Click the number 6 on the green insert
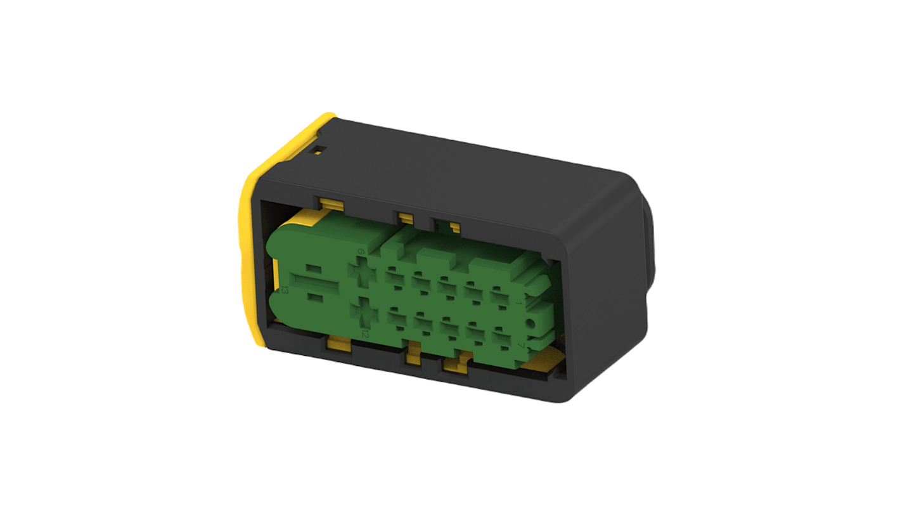(361, 252)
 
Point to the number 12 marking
(364, 332)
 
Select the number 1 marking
(520, 304)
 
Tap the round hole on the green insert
(530, 324)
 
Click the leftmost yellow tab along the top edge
(331, 204)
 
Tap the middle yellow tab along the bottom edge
(412, 358)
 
